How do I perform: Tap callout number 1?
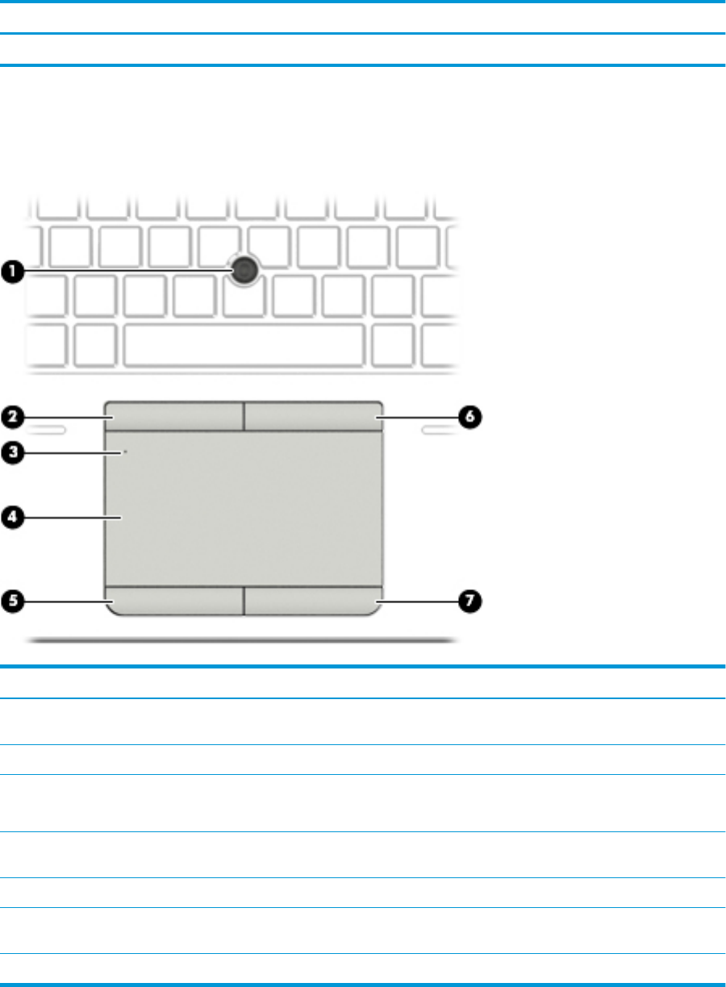coord(10,273)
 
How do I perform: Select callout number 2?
coord(10,417)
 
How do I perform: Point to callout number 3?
coord(10,453)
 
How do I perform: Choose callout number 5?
coord(10,600)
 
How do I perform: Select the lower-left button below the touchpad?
coord(174,601)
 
